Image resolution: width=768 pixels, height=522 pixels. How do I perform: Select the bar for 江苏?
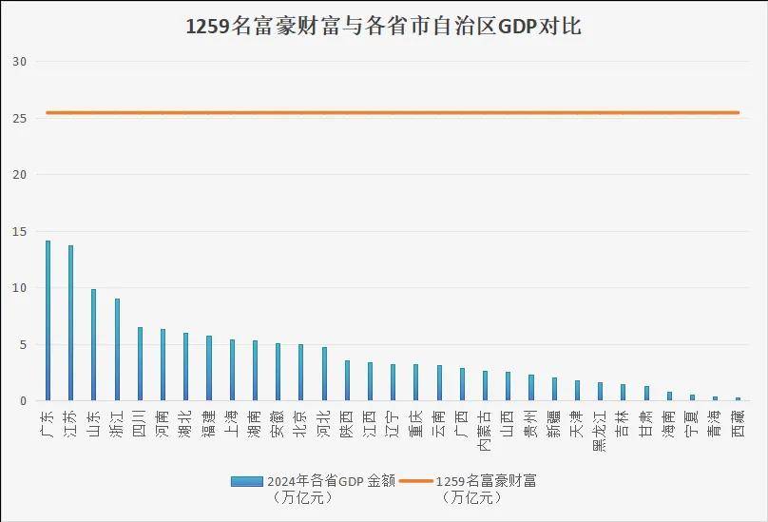pos(70,323)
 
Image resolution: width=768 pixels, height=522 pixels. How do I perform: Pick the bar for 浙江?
pos(117,350)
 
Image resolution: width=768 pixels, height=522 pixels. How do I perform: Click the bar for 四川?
pos(140,364)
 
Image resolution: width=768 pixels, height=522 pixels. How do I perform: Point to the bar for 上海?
pos(232,370)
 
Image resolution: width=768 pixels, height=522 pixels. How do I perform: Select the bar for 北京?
pos(300,373)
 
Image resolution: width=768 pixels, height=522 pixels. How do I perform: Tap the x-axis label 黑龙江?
pos(600,428)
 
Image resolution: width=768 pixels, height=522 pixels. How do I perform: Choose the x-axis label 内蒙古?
pos(485,428)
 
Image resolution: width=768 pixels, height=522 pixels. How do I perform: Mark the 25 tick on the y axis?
pos(21,119)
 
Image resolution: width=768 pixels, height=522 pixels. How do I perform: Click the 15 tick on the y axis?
pos(21,232)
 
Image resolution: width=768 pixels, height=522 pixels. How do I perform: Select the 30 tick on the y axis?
pos(21,62)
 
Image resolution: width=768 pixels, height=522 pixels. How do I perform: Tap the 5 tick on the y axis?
pos(24,345)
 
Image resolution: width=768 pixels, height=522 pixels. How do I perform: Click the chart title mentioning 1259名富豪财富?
pos(383,27)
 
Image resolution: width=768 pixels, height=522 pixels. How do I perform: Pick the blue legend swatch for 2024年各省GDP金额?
pos(245,481)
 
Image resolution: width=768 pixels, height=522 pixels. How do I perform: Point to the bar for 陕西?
pos(347,380)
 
